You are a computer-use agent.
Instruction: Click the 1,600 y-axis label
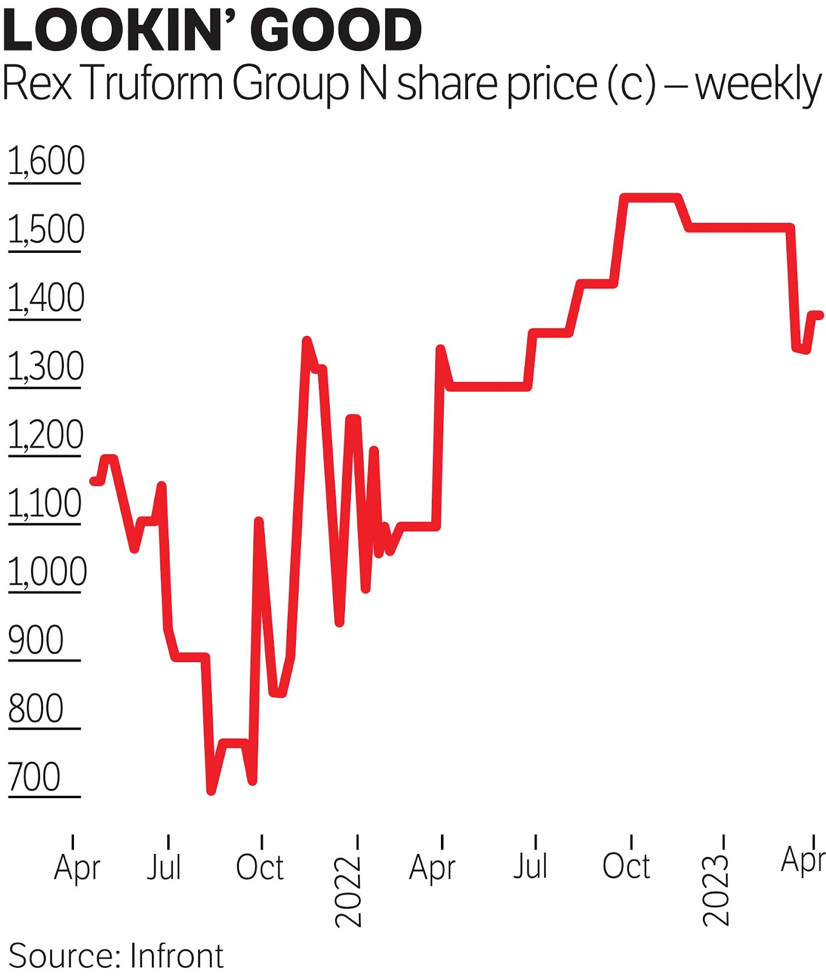coord(46,161)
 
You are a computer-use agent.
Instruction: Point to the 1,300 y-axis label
coord(46,366)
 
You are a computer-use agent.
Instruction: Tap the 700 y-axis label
coord(34,777)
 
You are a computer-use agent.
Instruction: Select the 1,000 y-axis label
coord(47,572)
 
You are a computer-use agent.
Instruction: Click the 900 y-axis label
coord(36,641)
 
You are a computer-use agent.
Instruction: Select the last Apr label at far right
coord(803,861)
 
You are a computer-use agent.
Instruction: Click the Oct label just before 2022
coord(260,867)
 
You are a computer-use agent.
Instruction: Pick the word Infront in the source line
coord(177,956)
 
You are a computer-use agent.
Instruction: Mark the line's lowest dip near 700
coord(211,790)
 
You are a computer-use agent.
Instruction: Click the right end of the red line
coord(820,316)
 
